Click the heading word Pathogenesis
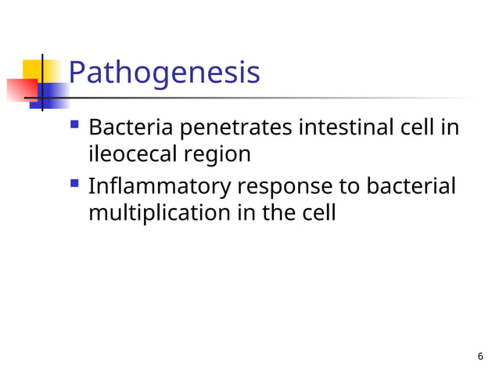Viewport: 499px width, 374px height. point(163,73)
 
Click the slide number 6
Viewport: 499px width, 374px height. point(479,357)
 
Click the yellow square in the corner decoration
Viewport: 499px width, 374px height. point(31,69)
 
